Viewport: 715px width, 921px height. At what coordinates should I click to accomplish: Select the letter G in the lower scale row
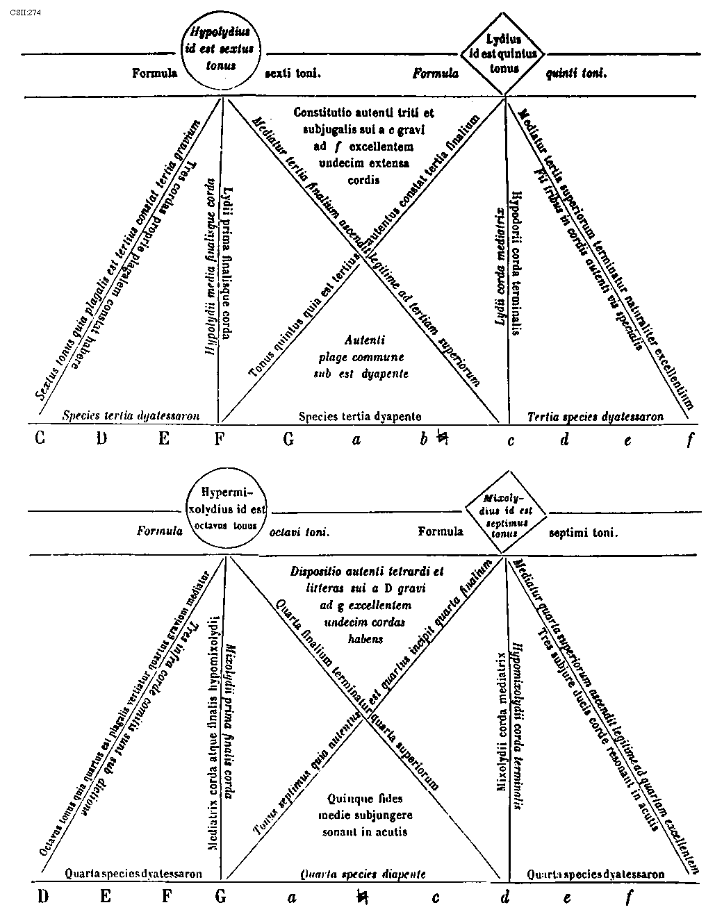point(220,896)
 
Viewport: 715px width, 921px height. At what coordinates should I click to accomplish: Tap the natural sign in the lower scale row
point(361,897)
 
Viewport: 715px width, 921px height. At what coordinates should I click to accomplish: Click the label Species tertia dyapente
point(360,416)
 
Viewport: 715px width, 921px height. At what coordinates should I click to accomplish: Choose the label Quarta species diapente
point(362,874)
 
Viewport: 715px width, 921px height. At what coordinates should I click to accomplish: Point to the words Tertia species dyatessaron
point(595,417)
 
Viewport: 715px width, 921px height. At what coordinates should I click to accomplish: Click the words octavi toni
point(299,532)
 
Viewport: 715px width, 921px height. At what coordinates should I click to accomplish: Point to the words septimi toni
point(583,533)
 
